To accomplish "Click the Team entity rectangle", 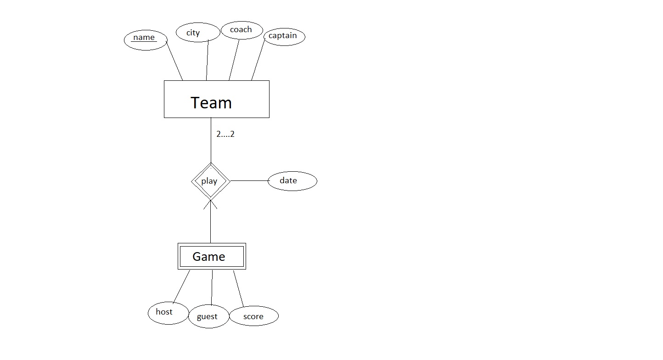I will coord(216,99).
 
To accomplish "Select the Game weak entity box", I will coord(212,256).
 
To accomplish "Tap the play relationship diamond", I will coord(210,181).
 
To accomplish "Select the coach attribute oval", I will coord(242,30).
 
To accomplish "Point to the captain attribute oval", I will coord(284,36).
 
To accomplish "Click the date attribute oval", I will coord(292,181).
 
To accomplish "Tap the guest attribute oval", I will coord(208,316).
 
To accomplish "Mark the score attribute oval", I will coord(253,316).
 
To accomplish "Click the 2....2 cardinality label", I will coord(225,135).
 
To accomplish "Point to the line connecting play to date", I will coord(248,180).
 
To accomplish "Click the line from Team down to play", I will coord(211,140).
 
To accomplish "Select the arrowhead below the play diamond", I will coord(211,205).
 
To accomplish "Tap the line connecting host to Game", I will coord(181,287).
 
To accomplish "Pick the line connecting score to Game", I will coord(238,288).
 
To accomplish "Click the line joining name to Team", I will coord(174,60).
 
